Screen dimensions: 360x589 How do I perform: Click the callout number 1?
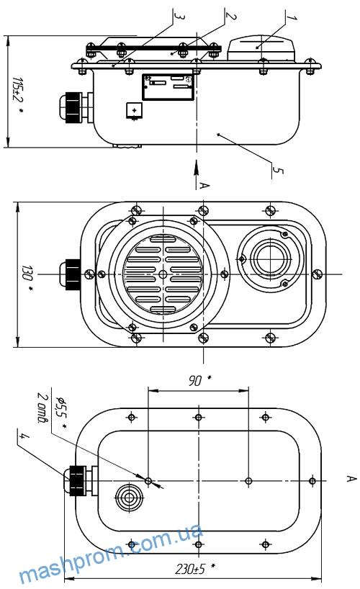pyautogui.click(x=291, y=18)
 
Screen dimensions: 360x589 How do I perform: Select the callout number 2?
pyautogui.click(x=230, y=16)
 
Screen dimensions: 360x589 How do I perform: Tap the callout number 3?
pyautogui.click(x=179, y=17)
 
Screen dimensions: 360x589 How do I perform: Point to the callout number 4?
pyautogui.click(x=23, y=436)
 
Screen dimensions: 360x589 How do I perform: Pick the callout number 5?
pyautogui.click(x=277, y=171)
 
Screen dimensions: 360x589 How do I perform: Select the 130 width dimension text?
pyautogui.click(x=27, y=276)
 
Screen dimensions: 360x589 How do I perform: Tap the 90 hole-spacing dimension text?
pyautogui.click(x=199, y=380)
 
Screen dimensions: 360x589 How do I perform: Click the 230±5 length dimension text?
pyautogui.click(x=194, y=569)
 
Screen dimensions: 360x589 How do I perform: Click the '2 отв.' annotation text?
pyautogui.click(x=42, y=408)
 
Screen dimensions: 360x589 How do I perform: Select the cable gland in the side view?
pyautogui.click(x=75, y=108)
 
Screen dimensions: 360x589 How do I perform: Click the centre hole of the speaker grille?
pyautogui.click(x=163, y=274)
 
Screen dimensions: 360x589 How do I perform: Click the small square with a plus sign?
pyautogui.click(x=134, y=109)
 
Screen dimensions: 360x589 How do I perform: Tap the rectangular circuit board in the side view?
pyautogui.click(x=168, y=87)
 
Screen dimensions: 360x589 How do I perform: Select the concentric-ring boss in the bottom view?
pyautogui.click(x=129, y=498)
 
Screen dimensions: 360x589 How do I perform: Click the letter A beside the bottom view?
pyautogui.click(x=351, y=478)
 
